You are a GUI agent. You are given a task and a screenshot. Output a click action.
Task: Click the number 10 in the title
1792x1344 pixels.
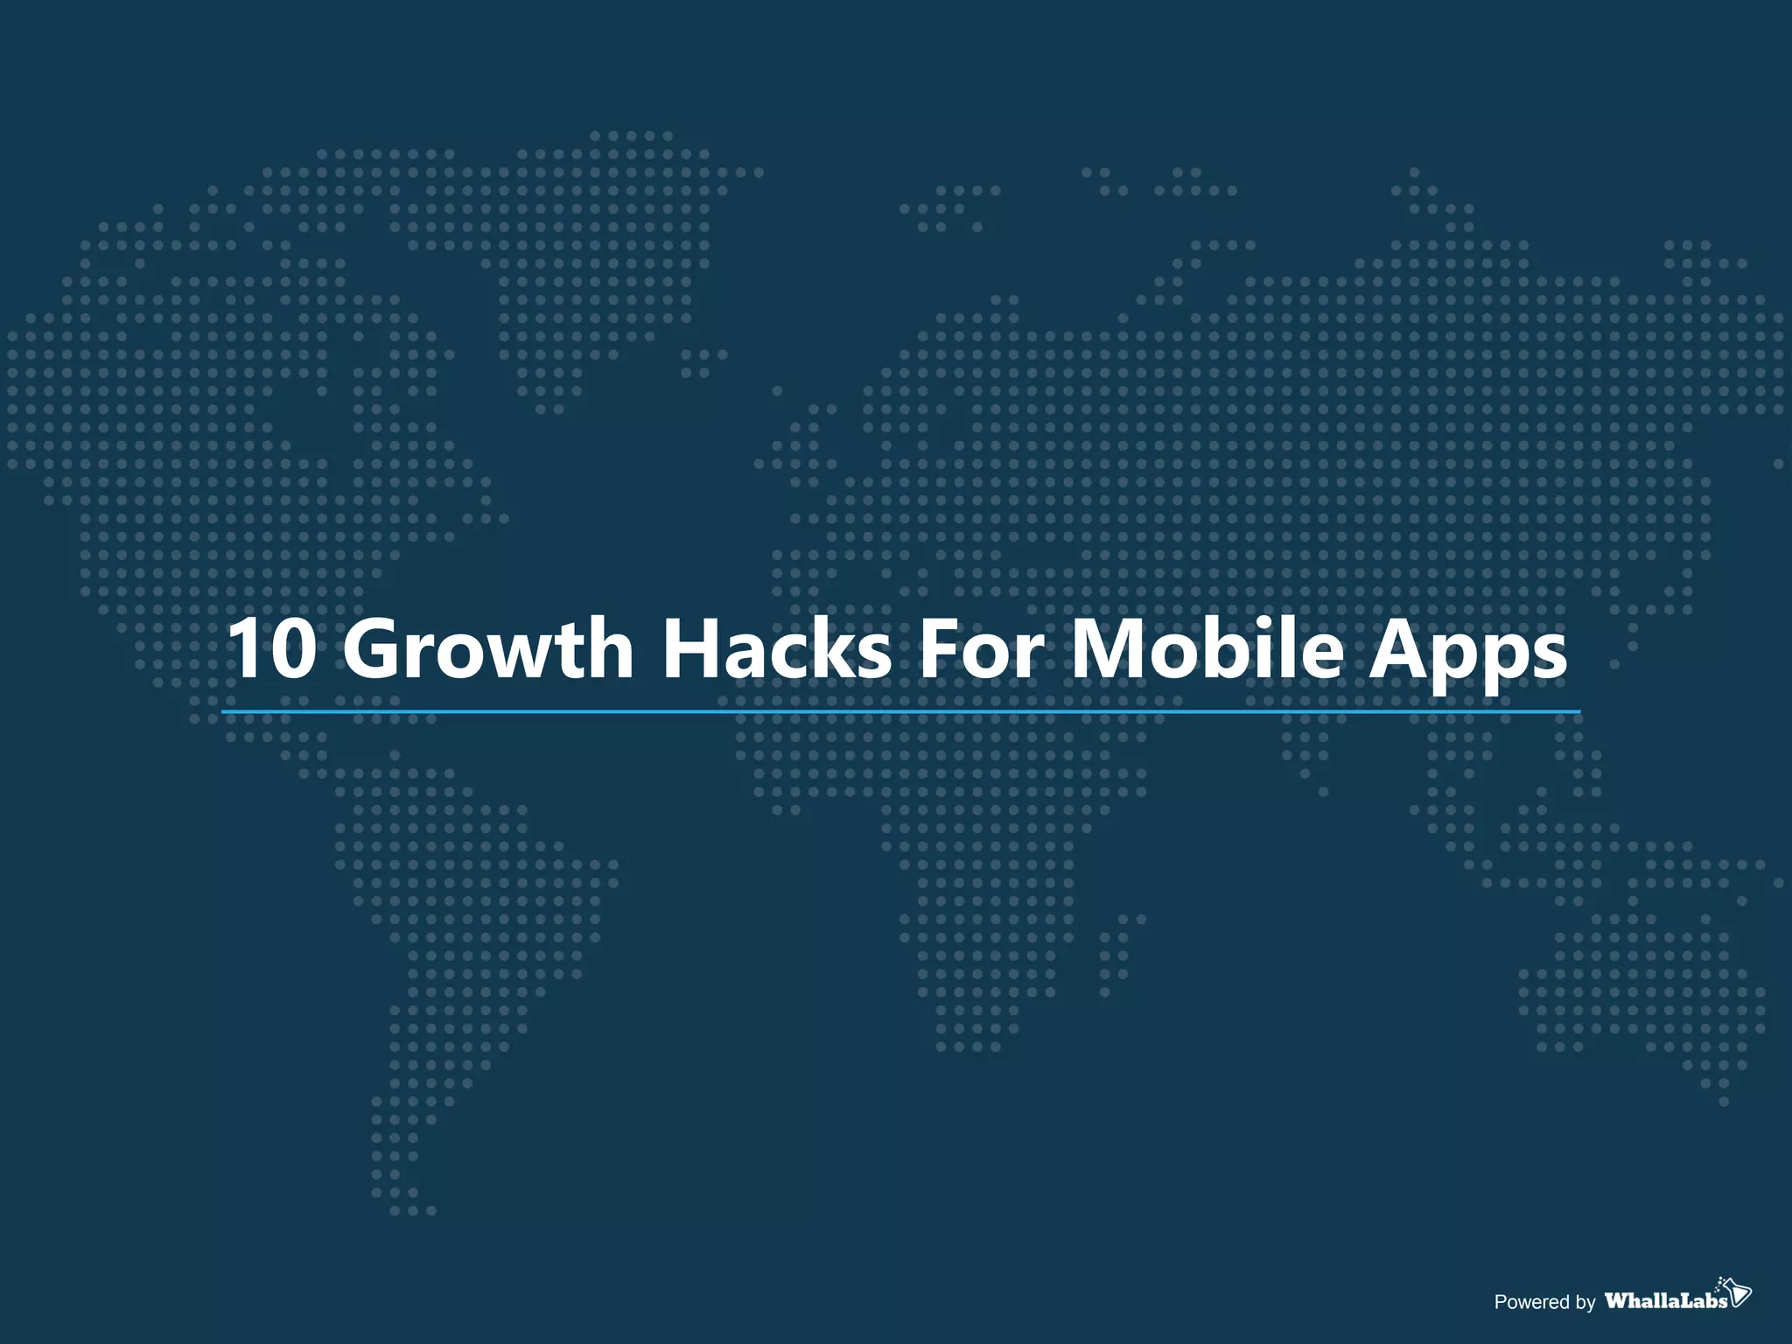[x=270, y=648]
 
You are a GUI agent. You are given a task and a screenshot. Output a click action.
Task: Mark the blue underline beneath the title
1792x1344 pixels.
[x=901, y=712]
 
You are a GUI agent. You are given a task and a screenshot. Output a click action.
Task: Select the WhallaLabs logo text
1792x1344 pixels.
[x=1666, y=1300]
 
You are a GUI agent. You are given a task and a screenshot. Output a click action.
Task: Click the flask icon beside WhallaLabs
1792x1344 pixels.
[x=1737, y=1291]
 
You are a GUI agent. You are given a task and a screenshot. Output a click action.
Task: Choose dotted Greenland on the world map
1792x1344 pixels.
[x=604, y=262]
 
